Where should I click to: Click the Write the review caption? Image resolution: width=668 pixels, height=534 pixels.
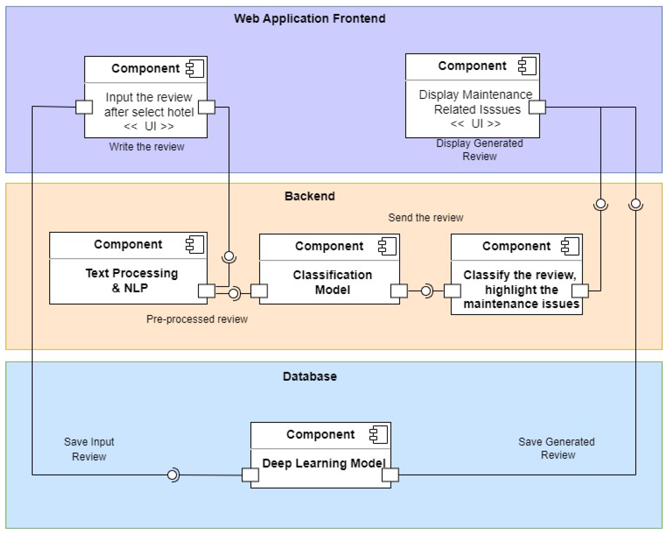147,147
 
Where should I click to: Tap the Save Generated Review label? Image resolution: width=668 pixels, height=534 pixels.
556,448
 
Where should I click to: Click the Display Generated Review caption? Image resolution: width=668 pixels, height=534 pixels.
479,150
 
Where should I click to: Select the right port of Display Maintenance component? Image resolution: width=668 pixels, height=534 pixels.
537,107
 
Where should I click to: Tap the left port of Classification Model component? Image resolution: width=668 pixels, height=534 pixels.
259,291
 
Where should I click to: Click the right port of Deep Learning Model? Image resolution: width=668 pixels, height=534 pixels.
390,475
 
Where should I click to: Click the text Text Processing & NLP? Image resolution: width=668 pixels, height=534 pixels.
132,281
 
